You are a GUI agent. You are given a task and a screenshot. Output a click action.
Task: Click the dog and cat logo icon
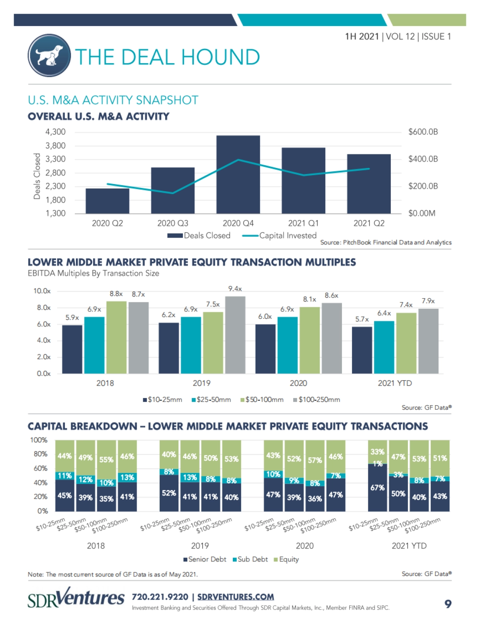[x=49, y=55]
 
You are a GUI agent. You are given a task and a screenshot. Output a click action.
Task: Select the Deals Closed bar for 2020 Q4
[x=238, y=174]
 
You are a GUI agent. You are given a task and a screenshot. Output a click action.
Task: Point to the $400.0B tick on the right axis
[x=423, y=159]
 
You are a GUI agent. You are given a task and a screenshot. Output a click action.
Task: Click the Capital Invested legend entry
[x=280, y=236]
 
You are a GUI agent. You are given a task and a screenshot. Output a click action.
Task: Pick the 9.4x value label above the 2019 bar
[x=235, y=289]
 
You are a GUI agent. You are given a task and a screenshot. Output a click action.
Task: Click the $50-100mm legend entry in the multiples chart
[x=262, y=400]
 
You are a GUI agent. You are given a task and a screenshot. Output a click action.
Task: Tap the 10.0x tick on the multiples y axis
[x=42, y=291]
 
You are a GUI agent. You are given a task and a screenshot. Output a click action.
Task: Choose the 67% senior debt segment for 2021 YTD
[x=378, y=488]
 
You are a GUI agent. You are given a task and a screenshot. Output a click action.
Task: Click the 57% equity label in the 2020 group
[x=315, y=460]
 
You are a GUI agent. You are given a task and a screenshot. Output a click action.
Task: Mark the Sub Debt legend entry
[x=250, y=559]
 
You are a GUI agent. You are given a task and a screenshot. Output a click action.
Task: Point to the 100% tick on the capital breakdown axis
[x=39, y=440]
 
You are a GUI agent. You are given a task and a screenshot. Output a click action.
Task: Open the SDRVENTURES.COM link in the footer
[x=236, y=597]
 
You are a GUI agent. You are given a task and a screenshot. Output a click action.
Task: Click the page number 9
[x=448, y=604]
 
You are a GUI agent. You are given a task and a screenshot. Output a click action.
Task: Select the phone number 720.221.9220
[x=160, y=597]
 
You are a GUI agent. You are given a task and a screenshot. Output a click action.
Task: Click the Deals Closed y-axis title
[x=37, y=176]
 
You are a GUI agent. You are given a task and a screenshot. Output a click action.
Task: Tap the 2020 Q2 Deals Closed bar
[x=107, y=201]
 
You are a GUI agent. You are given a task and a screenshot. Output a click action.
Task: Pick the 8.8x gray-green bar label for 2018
[x=116, y=294]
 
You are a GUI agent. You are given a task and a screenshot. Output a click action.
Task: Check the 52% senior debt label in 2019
[x=169, y=493]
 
